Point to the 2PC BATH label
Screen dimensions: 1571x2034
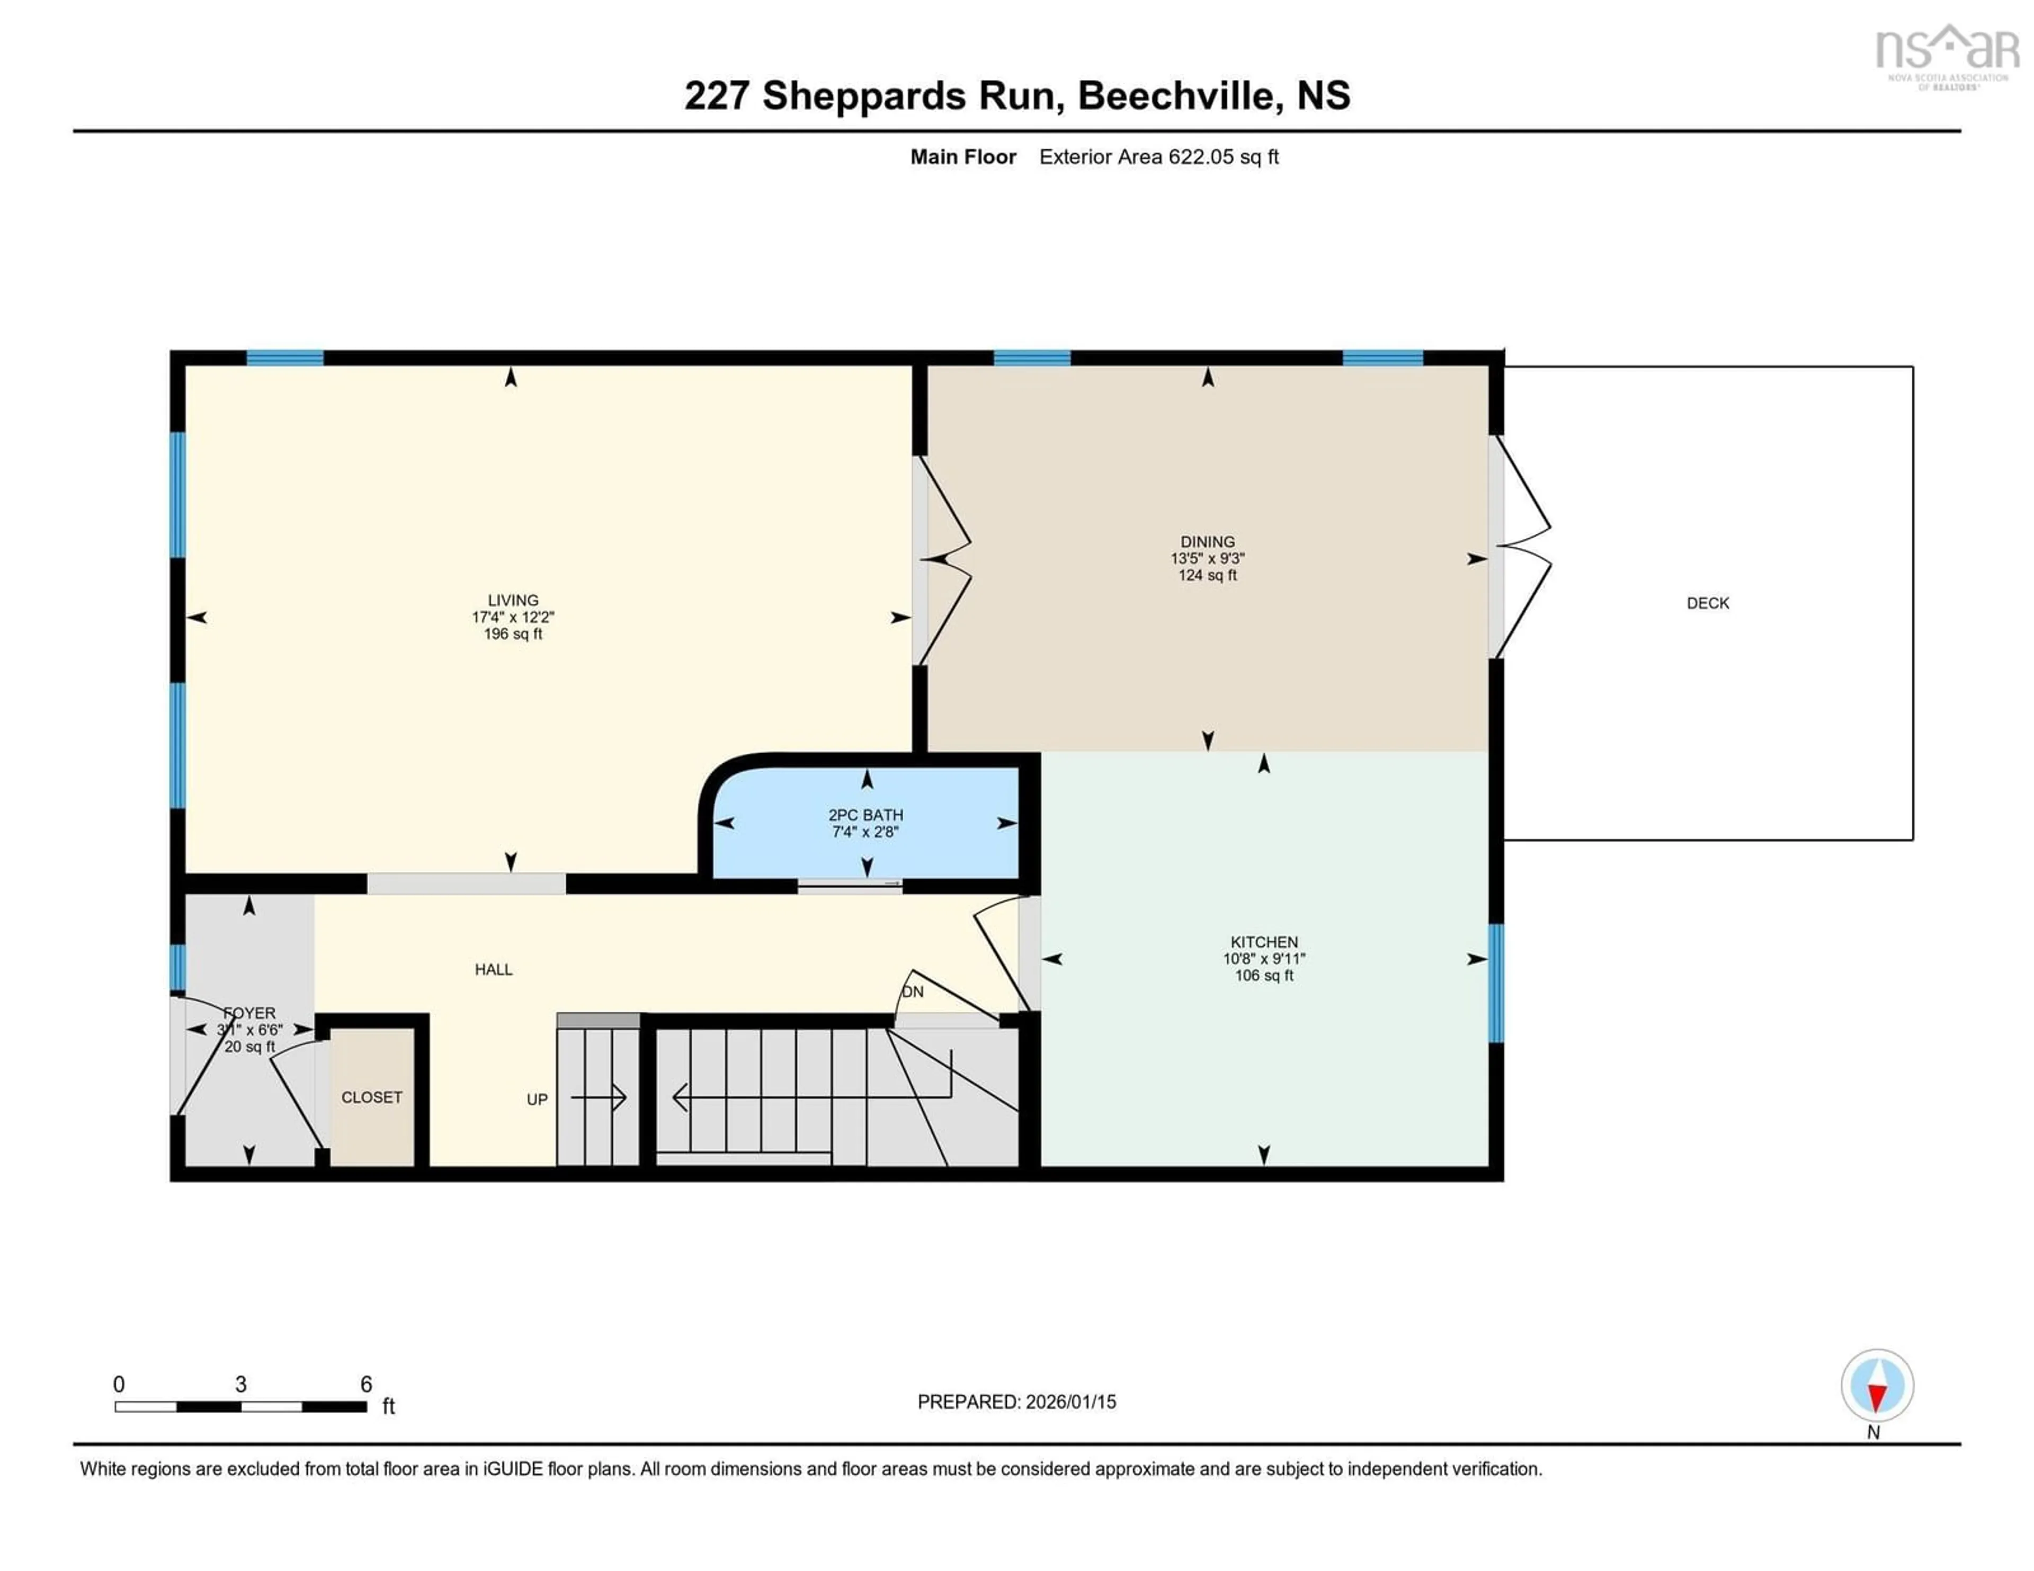tap(865, 815)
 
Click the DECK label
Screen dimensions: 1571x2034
tap(1707, 603)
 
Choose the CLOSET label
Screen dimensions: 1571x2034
tap(372, 1097)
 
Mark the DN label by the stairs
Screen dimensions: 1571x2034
tap(913, 992)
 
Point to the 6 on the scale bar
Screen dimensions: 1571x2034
tap(366, 1385)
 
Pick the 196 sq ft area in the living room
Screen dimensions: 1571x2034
tap(512, 634)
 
